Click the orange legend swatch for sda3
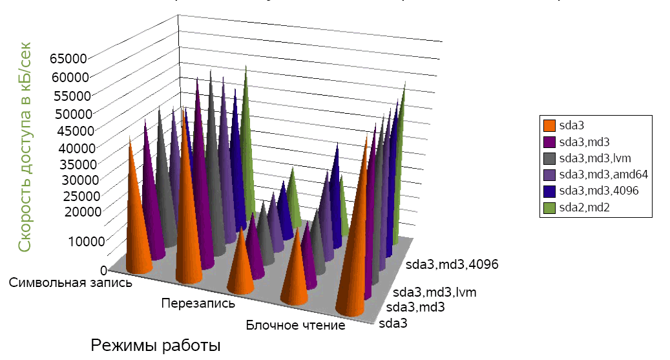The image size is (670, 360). pos(550,125)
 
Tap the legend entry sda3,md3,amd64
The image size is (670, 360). pos(603,175)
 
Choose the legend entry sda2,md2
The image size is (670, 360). pos(585,207)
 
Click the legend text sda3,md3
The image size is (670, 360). pos(585,142)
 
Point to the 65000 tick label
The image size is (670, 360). pos(68,58)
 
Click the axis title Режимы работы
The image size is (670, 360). pos(156,344)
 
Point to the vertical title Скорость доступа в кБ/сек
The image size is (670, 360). pos(25,147)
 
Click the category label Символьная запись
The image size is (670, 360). pos(71,282)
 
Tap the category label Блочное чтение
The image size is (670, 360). pos(295,325)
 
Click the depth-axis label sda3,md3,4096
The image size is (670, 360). pos(452,264)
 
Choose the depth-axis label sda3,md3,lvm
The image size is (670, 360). pos(435,292)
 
